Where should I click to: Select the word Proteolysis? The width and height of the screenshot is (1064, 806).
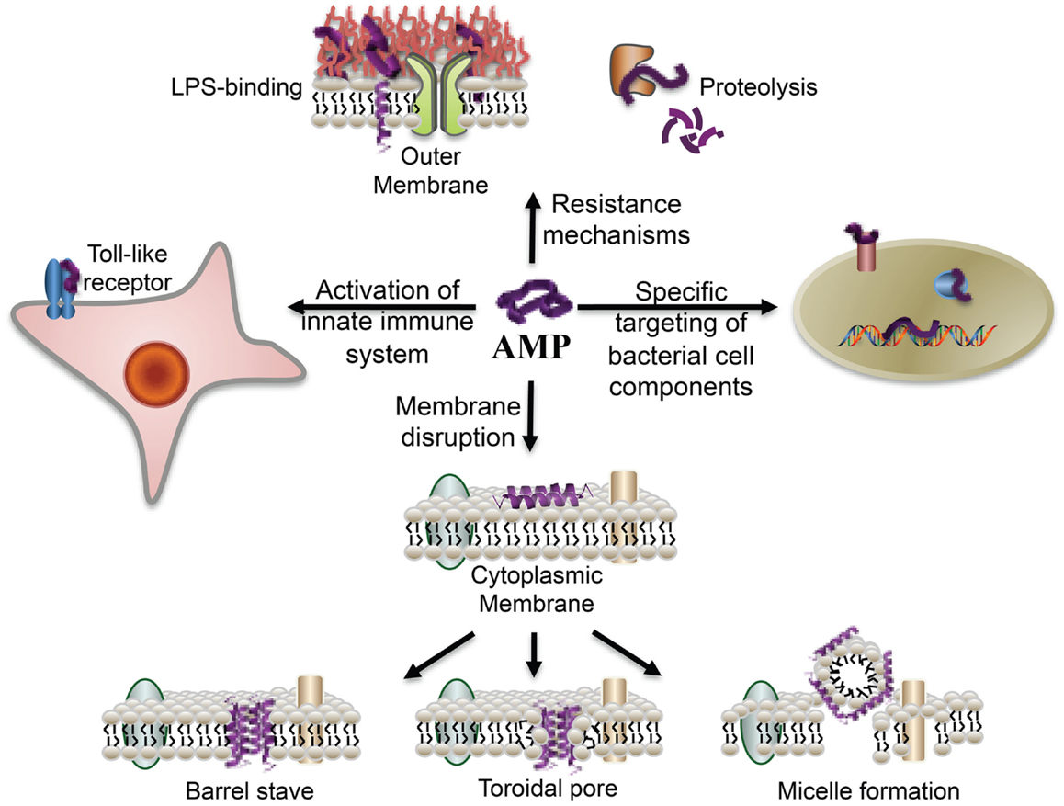[x=758, y=89]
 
